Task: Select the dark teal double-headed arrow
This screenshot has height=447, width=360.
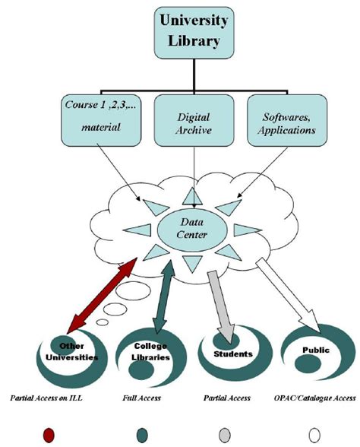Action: (x=165, y=296)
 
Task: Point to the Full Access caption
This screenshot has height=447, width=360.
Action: (x=141, y=398)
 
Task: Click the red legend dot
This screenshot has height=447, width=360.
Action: (x=49, y=434)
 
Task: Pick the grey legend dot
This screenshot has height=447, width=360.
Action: (x=225, y=434)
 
